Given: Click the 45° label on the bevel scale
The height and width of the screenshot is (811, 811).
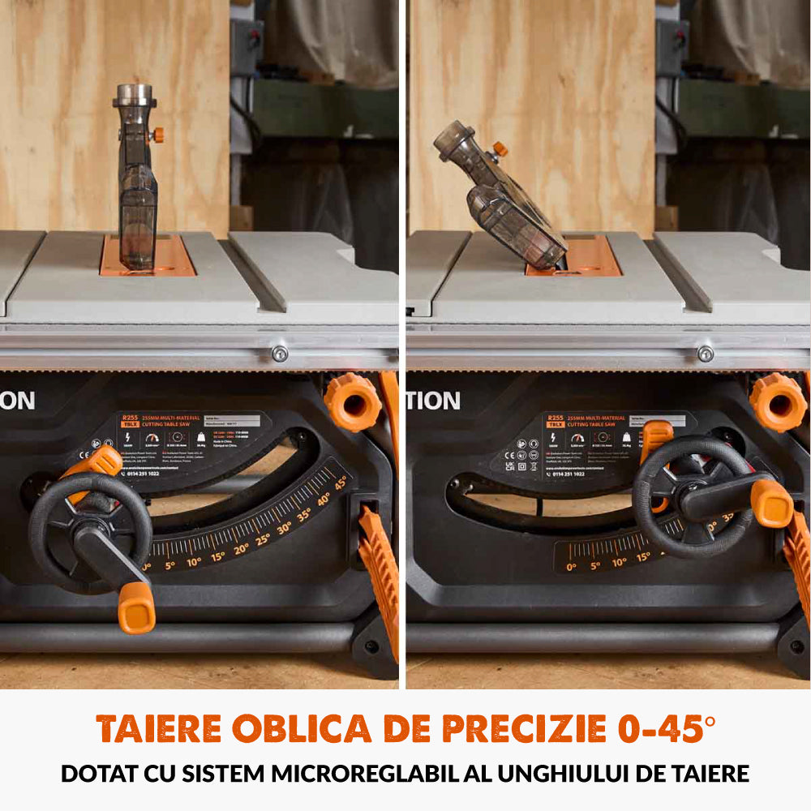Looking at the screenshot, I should pos(341,482).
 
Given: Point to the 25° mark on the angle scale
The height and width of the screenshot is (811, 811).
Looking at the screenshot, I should pos(262,539).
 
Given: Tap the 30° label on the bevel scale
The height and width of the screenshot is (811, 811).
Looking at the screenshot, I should pos(284,528).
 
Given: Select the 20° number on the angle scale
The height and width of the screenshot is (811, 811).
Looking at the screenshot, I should pos(241,549).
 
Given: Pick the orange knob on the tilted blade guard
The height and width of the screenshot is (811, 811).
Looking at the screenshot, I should pos(500,149).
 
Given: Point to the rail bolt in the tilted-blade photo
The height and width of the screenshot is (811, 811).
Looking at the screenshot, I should pos(706,354).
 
